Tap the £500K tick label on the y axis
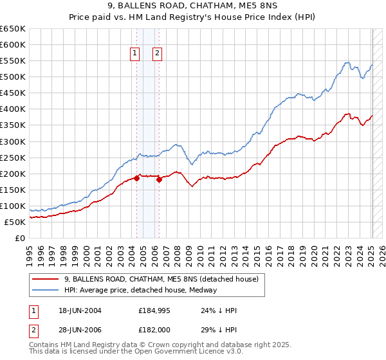click(x=12, y=77)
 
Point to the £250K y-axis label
click(x=12, y=157)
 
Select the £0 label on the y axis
click(x=20, y=238)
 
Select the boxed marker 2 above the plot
click(x=157, y=54)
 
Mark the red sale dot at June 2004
click(x=136, y=178)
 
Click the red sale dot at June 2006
click(x=159, y=179)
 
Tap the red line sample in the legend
click(x=46, y=279)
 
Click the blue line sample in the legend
click(x=46, y=290)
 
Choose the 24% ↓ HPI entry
click(x=219, y=310)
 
